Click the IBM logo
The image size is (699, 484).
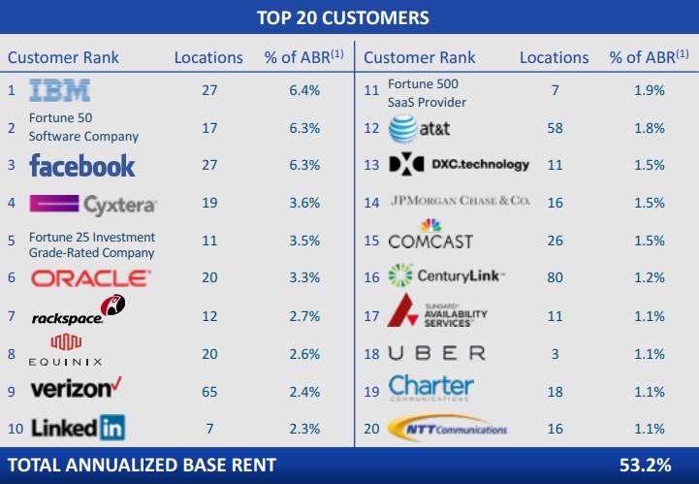(60, 91)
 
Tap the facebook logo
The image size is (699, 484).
(82, 165)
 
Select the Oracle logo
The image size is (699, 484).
(91, 278)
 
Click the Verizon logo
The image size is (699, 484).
(77, 389)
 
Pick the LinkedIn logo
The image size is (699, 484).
(78, 427)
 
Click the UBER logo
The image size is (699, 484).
(436, 353)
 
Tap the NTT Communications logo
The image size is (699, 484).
(448, 428)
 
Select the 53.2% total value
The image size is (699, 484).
(645, 466)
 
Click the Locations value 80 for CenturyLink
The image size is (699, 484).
(555, 277)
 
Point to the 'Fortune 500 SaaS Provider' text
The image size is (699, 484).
(428, 93)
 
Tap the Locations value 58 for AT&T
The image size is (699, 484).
(555, 128)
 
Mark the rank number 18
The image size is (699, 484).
(371, 354)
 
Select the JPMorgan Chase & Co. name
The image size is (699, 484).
(460, 202)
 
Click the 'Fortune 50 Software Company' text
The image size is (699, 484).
(83, 128)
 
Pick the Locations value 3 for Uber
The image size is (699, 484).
(555, 354)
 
